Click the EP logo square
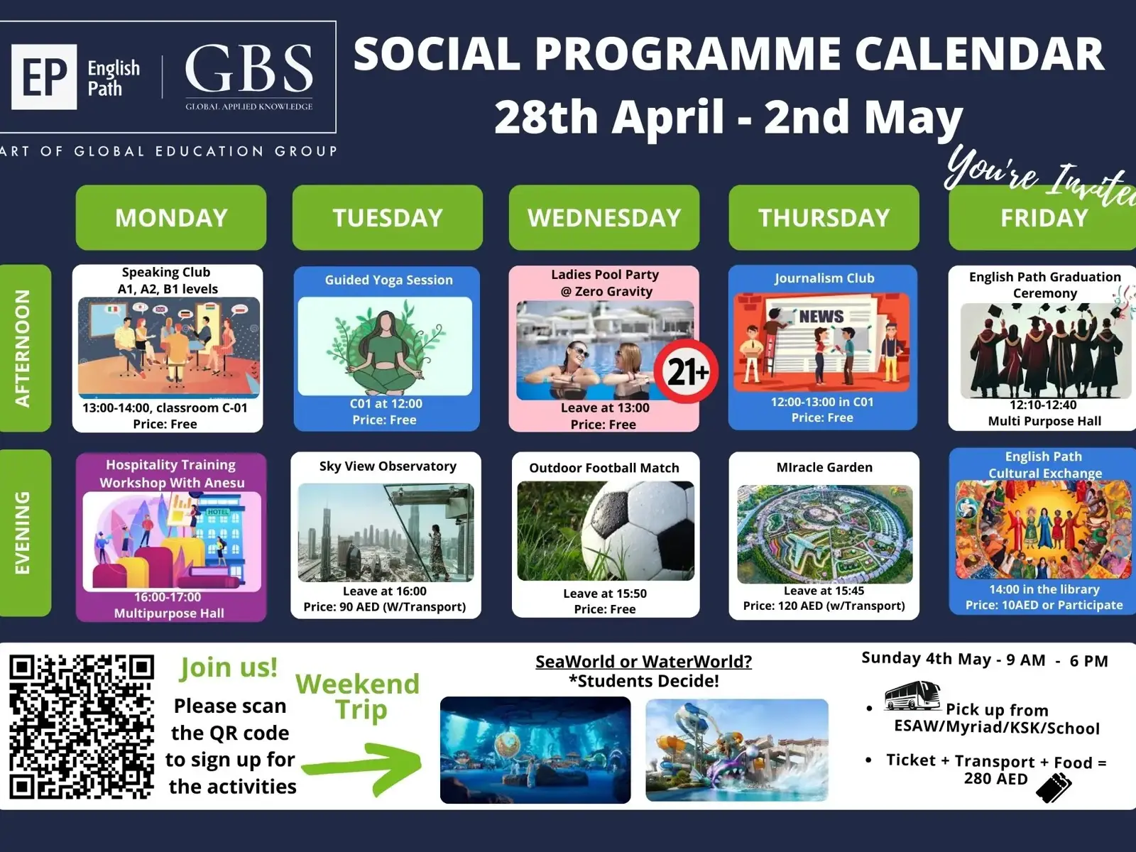click(x=44, y=77)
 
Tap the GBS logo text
click(x=249, y=68)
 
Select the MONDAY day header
click(x=171, y=217)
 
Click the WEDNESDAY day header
click(x=604, y=217)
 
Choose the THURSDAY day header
click(x=824, y=217)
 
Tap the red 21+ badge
click(x=687, y=371)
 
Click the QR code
click(x=82, y=727)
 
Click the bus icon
click(x=912, y=696)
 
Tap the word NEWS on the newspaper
click(x=821, y=316)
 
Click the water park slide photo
click(x=737, y=750)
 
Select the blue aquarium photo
click(x=535, y=750)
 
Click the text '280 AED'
click(x=995, y=779)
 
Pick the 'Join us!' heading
click(x=229, y=667)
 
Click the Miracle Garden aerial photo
click(x=825, y=534)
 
